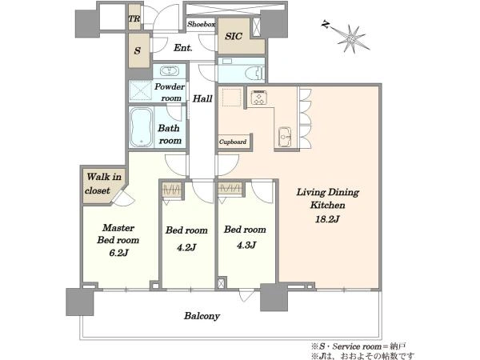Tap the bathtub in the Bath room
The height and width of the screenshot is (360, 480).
pos(141,127)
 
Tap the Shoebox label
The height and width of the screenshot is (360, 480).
pos(201,24)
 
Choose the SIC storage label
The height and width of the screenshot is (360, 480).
pos(234,37)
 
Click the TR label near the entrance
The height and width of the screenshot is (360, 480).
pos(134,18)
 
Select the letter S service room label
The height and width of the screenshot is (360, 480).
pos(138,50)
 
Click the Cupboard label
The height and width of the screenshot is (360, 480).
pos(233,142)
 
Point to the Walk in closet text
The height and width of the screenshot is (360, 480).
pos(103,184)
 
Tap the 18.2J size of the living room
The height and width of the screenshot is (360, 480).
pos(327,219)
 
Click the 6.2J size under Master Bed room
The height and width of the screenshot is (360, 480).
pos(118,253)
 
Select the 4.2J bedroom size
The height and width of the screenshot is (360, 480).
pos(186,247)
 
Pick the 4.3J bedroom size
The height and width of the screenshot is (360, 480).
pos(246,246)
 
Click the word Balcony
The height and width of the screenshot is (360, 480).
pos(202,316)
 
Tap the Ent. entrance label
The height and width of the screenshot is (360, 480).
pos(183,48)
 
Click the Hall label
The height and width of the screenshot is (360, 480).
pos(202,98)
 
